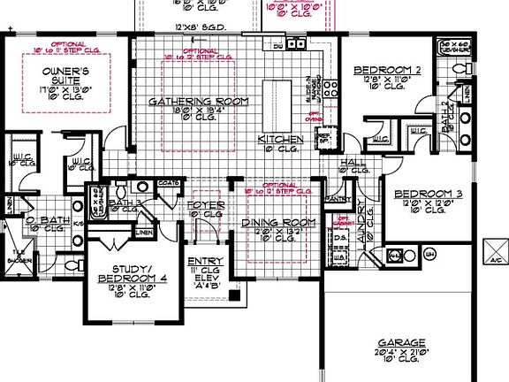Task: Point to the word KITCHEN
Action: (280, 140)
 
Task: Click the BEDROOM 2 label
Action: (385, 69)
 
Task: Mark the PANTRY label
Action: (338, 199)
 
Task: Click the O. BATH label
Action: (44, 219)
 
